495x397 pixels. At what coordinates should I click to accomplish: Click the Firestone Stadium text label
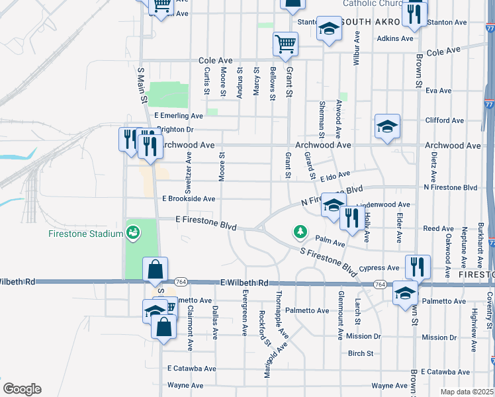[86, 234]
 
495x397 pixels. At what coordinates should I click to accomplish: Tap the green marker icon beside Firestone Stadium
[133, 233]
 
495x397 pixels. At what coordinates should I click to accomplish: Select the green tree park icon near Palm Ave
[301, 232]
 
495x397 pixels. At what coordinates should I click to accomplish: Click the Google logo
[22, 389]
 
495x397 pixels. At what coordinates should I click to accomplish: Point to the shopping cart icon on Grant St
[285, 45]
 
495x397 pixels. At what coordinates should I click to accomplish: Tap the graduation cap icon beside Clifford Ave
[387, 126]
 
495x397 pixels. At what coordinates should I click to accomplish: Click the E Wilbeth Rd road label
[245, 283]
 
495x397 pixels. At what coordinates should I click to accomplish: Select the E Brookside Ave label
[189, 198]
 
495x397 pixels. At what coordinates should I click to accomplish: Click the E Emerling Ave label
[179, 115]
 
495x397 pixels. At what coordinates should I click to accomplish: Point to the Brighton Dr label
[175, 130]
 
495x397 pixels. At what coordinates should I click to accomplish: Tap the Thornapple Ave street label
[279, 316]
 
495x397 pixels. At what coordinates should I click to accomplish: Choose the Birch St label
[361, 353]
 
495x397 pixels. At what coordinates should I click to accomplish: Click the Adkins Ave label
[395, 38]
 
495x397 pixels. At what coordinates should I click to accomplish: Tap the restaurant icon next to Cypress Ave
[418, 266]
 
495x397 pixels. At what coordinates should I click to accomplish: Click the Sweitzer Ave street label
[189, 172]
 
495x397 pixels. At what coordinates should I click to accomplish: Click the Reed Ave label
[438, 229]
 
